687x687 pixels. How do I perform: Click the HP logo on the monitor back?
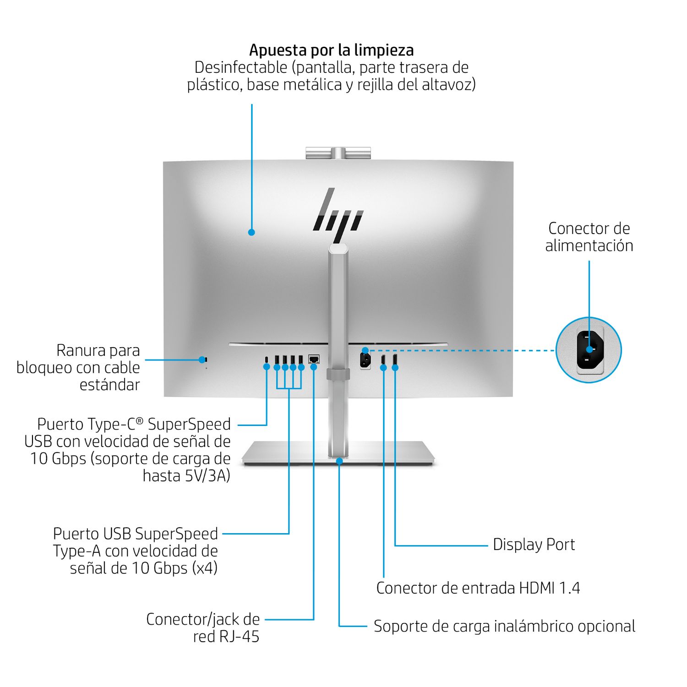(x=338, y=215)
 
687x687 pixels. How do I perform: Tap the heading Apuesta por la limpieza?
(x=331, y=50)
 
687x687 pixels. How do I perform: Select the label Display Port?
(x=534, y=545)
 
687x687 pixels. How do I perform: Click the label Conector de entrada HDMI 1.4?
(x=478, y=588)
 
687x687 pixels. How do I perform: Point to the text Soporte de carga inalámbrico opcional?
(x=504, y=626)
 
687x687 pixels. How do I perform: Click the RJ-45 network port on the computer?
(x=314, y=359)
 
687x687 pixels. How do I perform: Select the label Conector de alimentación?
(x=589, y=237)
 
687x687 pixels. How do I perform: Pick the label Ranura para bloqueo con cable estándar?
(x=78, y=367)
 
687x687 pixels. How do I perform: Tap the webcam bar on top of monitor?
(x=338, y=153)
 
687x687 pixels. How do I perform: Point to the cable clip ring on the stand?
(x=338, y=374)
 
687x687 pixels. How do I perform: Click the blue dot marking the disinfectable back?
(x=251, y=232)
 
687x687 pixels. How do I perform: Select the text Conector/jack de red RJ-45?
(x=203, y=627)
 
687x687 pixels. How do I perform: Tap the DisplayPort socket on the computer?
(x=395, y=359)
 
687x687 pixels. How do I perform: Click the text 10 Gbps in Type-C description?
(x=58, y=459)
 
